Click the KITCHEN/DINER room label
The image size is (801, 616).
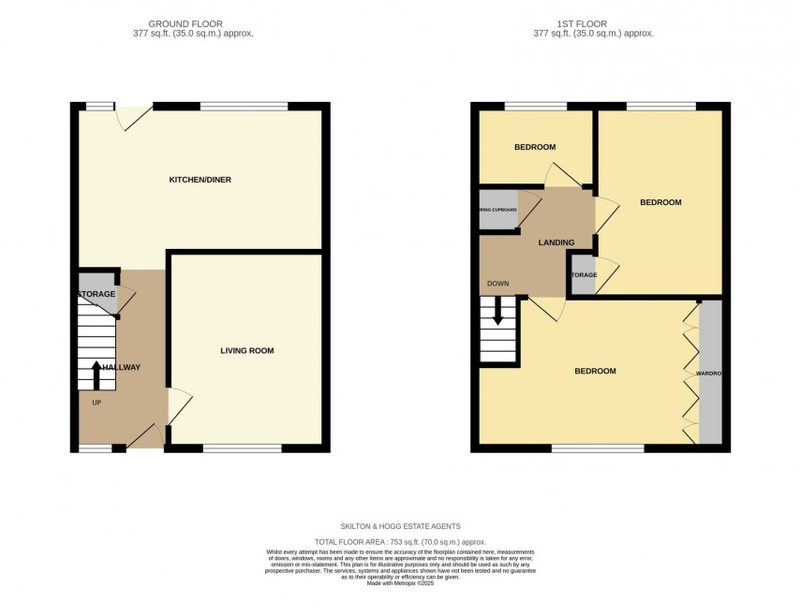200,180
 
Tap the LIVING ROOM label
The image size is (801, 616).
247,351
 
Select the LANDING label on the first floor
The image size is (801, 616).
556,243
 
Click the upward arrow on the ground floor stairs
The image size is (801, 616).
96,374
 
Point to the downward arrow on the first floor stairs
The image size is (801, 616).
497,311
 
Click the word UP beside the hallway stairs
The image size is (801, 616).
96,403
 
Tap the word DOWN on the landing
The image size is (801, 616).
498,284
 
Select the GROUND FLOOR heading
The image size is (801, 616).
200,23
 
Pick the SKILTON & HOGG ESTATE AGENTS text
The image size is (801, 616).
400,526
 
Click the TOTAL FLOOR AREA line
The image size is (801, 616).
400,542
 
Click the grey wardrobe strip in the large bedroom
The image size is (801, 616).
711,373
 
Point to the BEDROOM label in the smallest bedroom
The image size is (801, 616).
535,147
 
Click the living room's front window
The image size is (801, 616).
242,448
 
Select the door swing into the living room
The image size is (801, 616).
179,406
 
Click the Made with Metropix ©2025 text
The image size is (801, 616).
400,585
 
